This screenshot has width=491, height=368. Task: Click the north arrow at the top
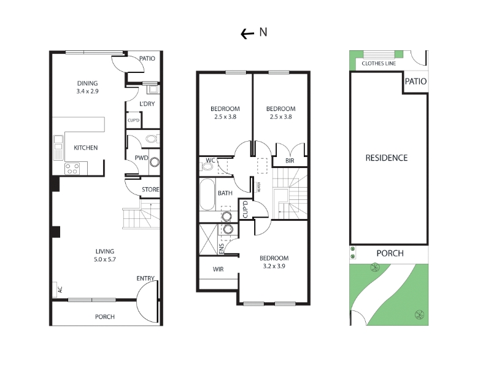point(247,34)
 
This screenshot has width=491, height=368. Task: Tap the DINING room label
point(87,83)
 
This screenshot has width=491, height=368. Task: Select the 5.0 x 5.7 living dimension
point(105,259)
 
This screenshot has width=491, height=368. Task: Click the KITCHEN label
point(85,148)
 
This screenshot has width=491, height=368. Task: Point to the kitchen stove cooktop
point(72,169)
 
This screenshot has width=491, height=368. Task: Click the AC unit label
point(60,289)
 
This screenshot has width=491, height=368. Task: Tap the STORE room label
point(150,190)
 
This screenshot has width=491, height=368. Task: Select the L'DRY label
point(147,104)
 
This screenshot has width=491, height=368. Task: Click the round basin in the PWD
point(155,162)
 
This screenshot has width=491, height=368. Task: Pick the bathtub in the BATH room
point(207,194)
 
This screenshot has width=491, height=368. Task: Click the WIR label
point(218,269)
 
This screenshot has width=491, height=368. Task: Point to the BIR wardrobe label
point(290,161)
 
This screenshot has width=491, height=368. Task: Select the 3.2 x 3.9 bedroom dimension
point(274,266)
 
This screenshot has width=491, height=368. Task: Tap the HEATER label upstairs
point(258,187)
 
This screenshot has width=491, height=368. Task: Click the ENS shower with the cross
point(208,239)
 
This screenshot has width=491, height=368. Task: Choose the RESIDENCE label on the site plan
point(387,158)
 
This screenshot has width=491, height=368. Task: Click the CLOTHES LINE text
point(379,64)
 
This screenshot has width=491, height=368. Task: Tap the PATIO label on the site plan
point(416,82)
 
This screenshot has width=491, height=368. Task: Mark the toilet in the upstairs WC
point(207,166)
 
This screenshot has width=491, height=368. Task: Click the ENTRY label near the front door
point(145,278)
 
